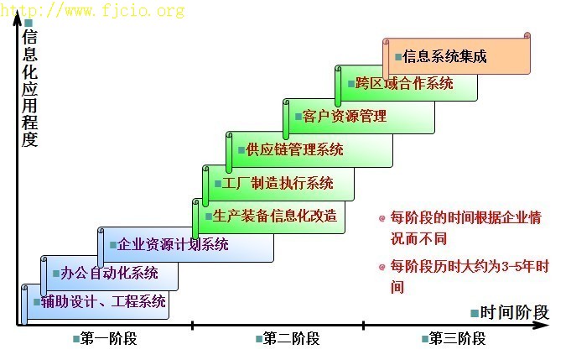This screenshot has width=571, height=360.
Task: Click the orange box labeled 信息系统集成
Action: coord(457,55)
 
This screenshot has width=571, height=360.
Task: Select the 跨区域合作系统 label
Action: coord(404,83)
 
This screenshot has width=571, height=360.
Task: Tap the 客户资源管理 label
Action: coord(344,117)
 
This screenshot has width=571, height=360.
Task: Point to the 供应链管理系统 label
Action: coord(294,149)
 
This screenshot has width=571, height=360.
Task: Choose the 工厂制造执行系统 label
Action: coord(278,183)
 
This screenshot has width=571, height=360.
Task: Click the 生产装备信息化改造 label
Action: coord(275,216)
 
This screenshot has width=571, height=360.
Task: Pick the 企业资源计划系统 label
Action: coord(173,244)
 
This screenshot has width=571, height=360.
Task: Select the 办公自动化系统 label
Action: coord(109,273)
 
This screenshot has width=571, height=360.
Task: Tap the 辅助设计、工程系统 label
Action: coord(103,302)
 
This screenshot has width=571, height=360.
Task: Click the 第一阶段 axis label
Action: coord(108,338)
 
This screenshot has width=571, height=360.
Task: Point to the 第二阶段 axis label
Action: coord(291,338)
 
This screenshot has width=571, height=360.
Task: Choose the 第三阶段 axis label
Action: coord(457,338)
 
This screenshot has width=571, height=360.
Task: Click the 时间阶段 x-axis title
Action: coord(514,313)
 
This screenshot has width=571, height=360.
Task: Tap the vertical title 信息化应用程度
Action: coord(29,89)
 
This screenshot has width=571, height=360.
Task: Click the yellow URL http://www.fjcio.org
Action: coord(92,10)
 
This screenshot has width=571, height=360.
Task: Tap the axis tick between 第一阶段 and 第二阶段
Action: coord(192,325)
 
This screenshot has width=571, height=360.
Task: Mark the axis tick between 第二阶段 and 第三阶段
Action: coord(363,325)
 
